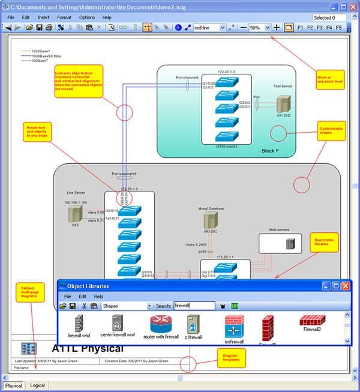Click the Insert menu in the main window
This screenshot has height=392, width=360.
[x=43, y=17]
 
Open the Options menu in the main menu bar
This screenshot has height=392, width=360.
[x=86, y=17]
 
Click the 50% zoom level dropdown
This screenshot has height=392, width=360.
[x=259, y=28]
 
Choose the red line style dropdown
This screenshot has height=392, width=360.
[x=209, y=28]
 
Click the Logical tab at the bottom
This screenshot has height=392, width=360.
[x=37, y=385]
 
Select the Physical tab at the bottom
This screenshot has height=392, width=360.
[x=14, y=385]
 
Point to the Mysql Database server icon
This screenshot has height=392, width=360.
[x=211, y=220]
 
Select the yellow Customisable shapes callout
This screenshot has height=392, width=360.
[x=331, y=130]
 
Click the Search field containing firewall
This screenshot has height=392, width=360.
[x=193, y=306]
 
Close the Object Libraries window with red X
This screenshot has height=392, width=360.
[x=346, y=286]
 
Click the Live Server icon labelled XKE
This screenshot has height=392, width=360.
[x=76, y=214]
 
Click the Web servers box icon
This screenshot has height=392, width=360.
[x=290, y=244]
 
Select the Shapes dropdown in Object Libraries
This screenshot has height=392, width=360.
[x=127, y=306]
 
